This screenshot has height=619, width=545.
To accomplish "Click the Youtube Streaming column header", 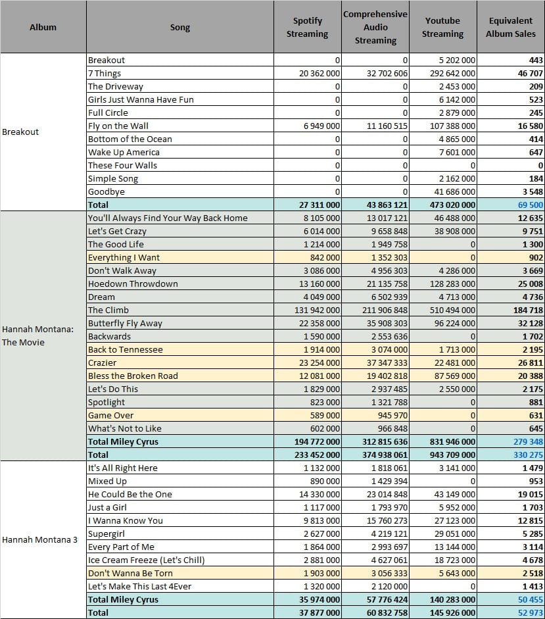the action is pyautogui.click(x=442, y=27).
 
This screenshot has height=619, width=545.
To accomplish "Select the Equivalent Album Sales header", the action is pyautogui.click(x=511, y=27).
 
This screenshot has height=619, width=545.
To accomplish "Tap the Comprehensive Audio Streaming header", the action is pyautogui.click(x=375, y=27).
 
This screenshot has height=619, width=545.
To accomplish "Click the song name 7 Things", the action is pyautogui.click(x=105, y=73).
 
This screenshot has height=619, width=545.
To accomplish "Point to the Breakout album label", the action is pyautogui.click(x=20, y=132).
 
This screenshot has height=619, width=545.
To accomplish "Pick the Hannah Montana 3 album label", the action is pyautogui.click(x=40, y=539).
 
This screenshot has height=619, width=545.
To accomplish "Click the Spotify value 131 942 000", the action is pyautogui.click(x=317, y=310).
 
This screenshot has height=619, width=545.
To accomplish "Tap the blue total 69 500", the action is pyautogui.click(x=531, y=205).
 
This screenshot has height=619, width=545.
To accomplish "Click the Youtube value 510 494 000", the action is pyautogui.click(x=452, y=310).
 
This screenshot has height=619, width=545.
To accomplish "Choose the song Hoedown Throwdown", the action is pyautogui.click(x=133, y=284).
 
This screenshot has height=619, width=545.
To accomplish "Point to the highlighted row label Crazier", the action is pyautogui.click(x=102, y=362).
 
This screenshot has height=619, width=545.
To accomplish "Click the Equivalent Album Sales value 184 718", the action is pyautogui.click(x=528, y=310).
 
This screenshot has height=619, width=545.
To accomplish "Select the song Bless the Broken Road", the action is pyautogui.click(x=133, y=376).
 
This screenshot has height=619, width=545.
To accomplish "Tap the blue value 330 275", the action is pyautogui.click(x=528, y=455).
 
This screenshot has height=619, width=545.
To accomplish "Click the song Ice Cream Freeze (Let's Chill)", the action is pyautogui.click(x=147, y=560).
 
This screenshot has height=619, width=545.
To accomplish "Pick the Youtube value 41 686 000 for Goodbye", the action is pyautogui.click(x=455, y=191).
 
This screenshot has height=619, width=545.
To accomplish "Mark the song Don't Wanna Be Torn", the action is pyautogui.click(x=130, y=573).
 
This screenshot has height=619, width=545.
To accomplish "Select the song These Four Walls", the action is pyautogui.click(x=122, y=165).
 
